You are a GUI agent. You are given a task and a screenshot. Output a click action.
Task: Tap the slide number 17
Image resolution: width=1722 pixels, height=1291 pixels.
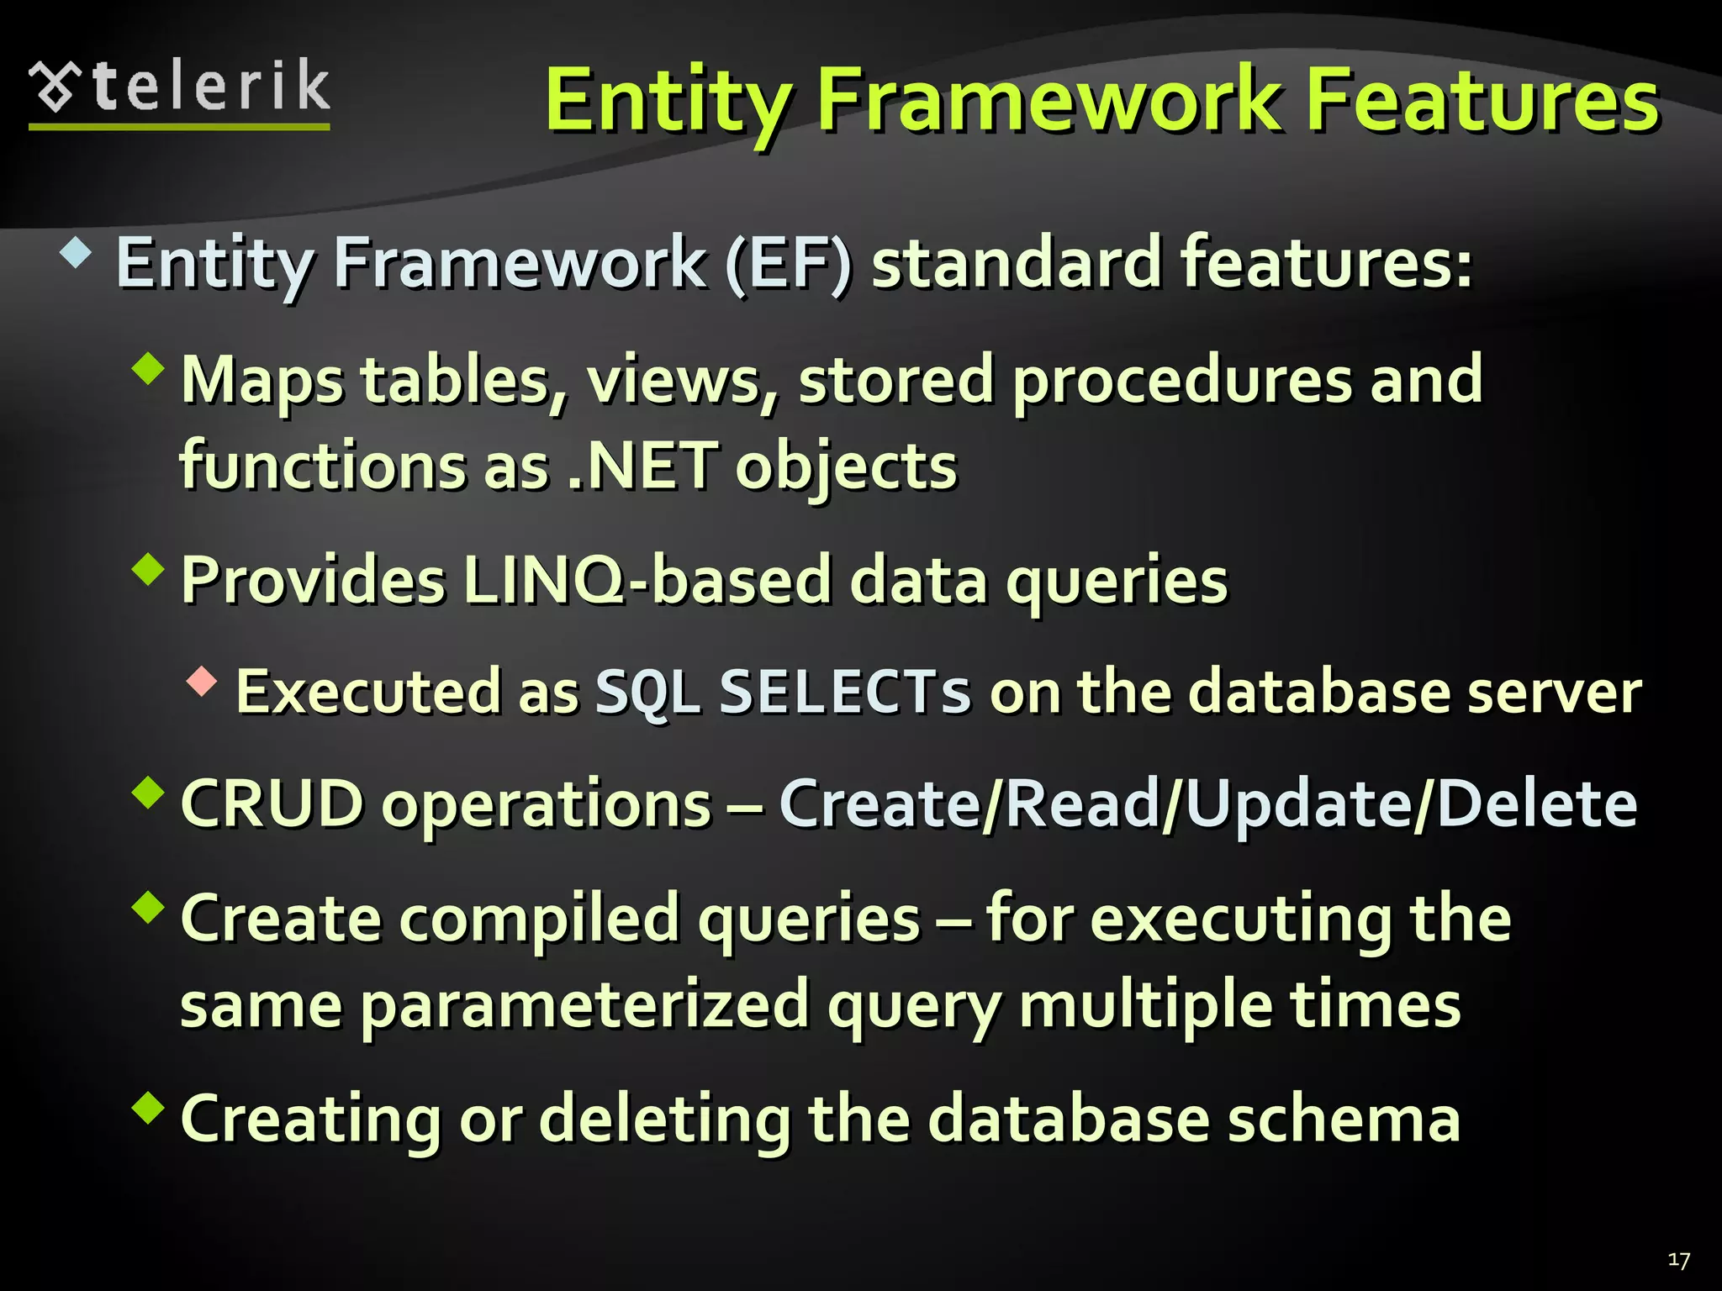1678,1260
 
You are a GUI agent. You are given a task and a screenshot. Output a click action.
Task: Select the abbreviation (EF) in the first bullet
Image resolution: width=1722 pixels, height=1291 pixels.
788,263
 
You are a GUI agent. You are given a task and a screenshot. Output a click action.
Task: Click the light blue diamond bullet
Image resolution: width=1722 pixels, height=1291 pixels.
77,253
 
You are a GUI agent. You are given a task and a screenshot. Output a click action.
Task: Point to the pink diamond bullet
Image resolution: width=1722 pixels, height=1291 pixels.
202,681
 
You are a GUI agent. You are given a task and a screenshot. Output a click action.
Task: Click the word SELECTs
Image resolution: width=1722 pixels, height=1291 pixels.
844,692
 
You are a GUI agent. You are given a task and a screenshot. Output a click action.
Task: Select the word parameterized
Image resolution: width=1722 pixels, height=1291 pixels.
584,1005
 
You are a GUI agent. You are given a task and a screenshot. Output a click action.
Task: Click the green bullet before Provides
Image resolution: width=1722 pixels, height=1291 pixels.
149,569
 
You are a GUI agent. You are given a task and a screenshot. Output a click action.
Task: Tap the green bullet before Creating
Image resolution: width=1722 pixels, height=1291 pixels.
149,1107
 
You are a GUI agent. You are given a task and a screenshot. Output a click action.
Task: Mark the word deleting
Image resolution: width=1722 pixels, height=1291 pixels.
664,1120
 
